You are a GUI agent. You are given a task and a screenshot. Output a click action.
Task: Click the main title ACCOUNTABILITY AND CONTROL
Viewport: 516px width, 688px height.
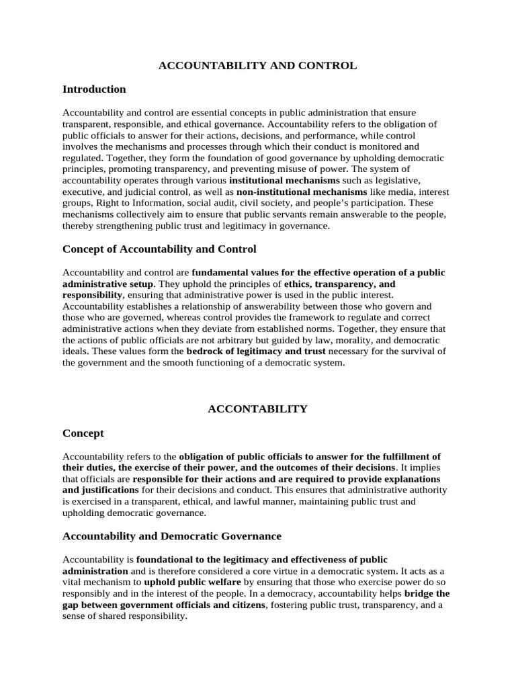[257, 66]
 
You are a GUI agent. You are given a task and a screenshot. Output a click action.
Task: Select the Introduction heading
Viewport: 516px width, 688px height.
[94, 89]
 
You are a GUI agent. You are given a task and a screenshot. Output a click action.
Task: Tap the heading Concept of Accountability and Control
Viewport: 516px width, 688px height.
[159, 249]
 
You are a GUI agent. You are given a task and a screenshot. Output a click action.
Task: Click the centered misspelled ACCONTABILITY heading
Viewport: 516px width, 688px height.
[257, 408]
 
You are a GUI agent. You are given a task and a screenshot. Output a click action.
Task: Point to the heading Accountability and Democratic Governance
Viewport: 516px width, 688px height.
[172, 536]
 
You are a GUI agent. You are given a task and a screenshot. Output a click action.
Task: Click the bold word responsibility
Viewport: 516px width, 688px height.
[93, 294]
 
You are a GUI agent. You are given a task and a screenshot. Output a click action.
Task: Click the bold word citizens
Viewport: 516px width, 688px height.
[246, 605]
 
